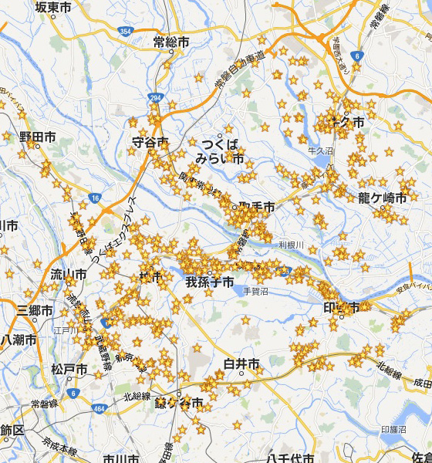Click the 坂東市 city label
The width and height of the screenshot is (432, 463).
click(53, 7)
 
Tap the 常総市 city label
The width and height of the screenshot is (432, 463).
click(170, 42)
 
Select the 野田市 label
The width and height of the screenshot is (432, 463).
click(38, 137)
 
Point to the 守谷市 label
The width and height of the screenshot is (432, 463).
click(150, 143)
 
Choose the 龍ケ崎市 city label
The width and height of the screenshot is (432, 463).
click(382, 198)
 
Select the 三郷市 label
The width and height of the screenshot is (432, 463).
click(35, 310)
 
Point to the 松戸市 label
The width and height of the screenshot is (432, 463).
click(69, 370)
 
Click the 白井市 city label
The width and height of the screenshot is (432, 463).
click(240, 363)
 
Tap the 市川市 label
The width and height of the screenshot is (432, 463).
click(121, 458)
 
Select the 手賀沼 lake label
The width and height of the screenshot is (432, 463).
click(255, 291)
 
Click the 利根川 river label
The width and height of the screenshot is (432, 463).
click(292, 245)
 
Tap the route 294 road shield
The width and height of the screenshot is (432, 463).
click(155, 98)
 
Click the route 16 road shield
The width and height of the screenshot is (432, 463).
click(95, 198)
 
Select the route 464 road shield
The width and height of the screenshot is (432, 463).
click(98, 407)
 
